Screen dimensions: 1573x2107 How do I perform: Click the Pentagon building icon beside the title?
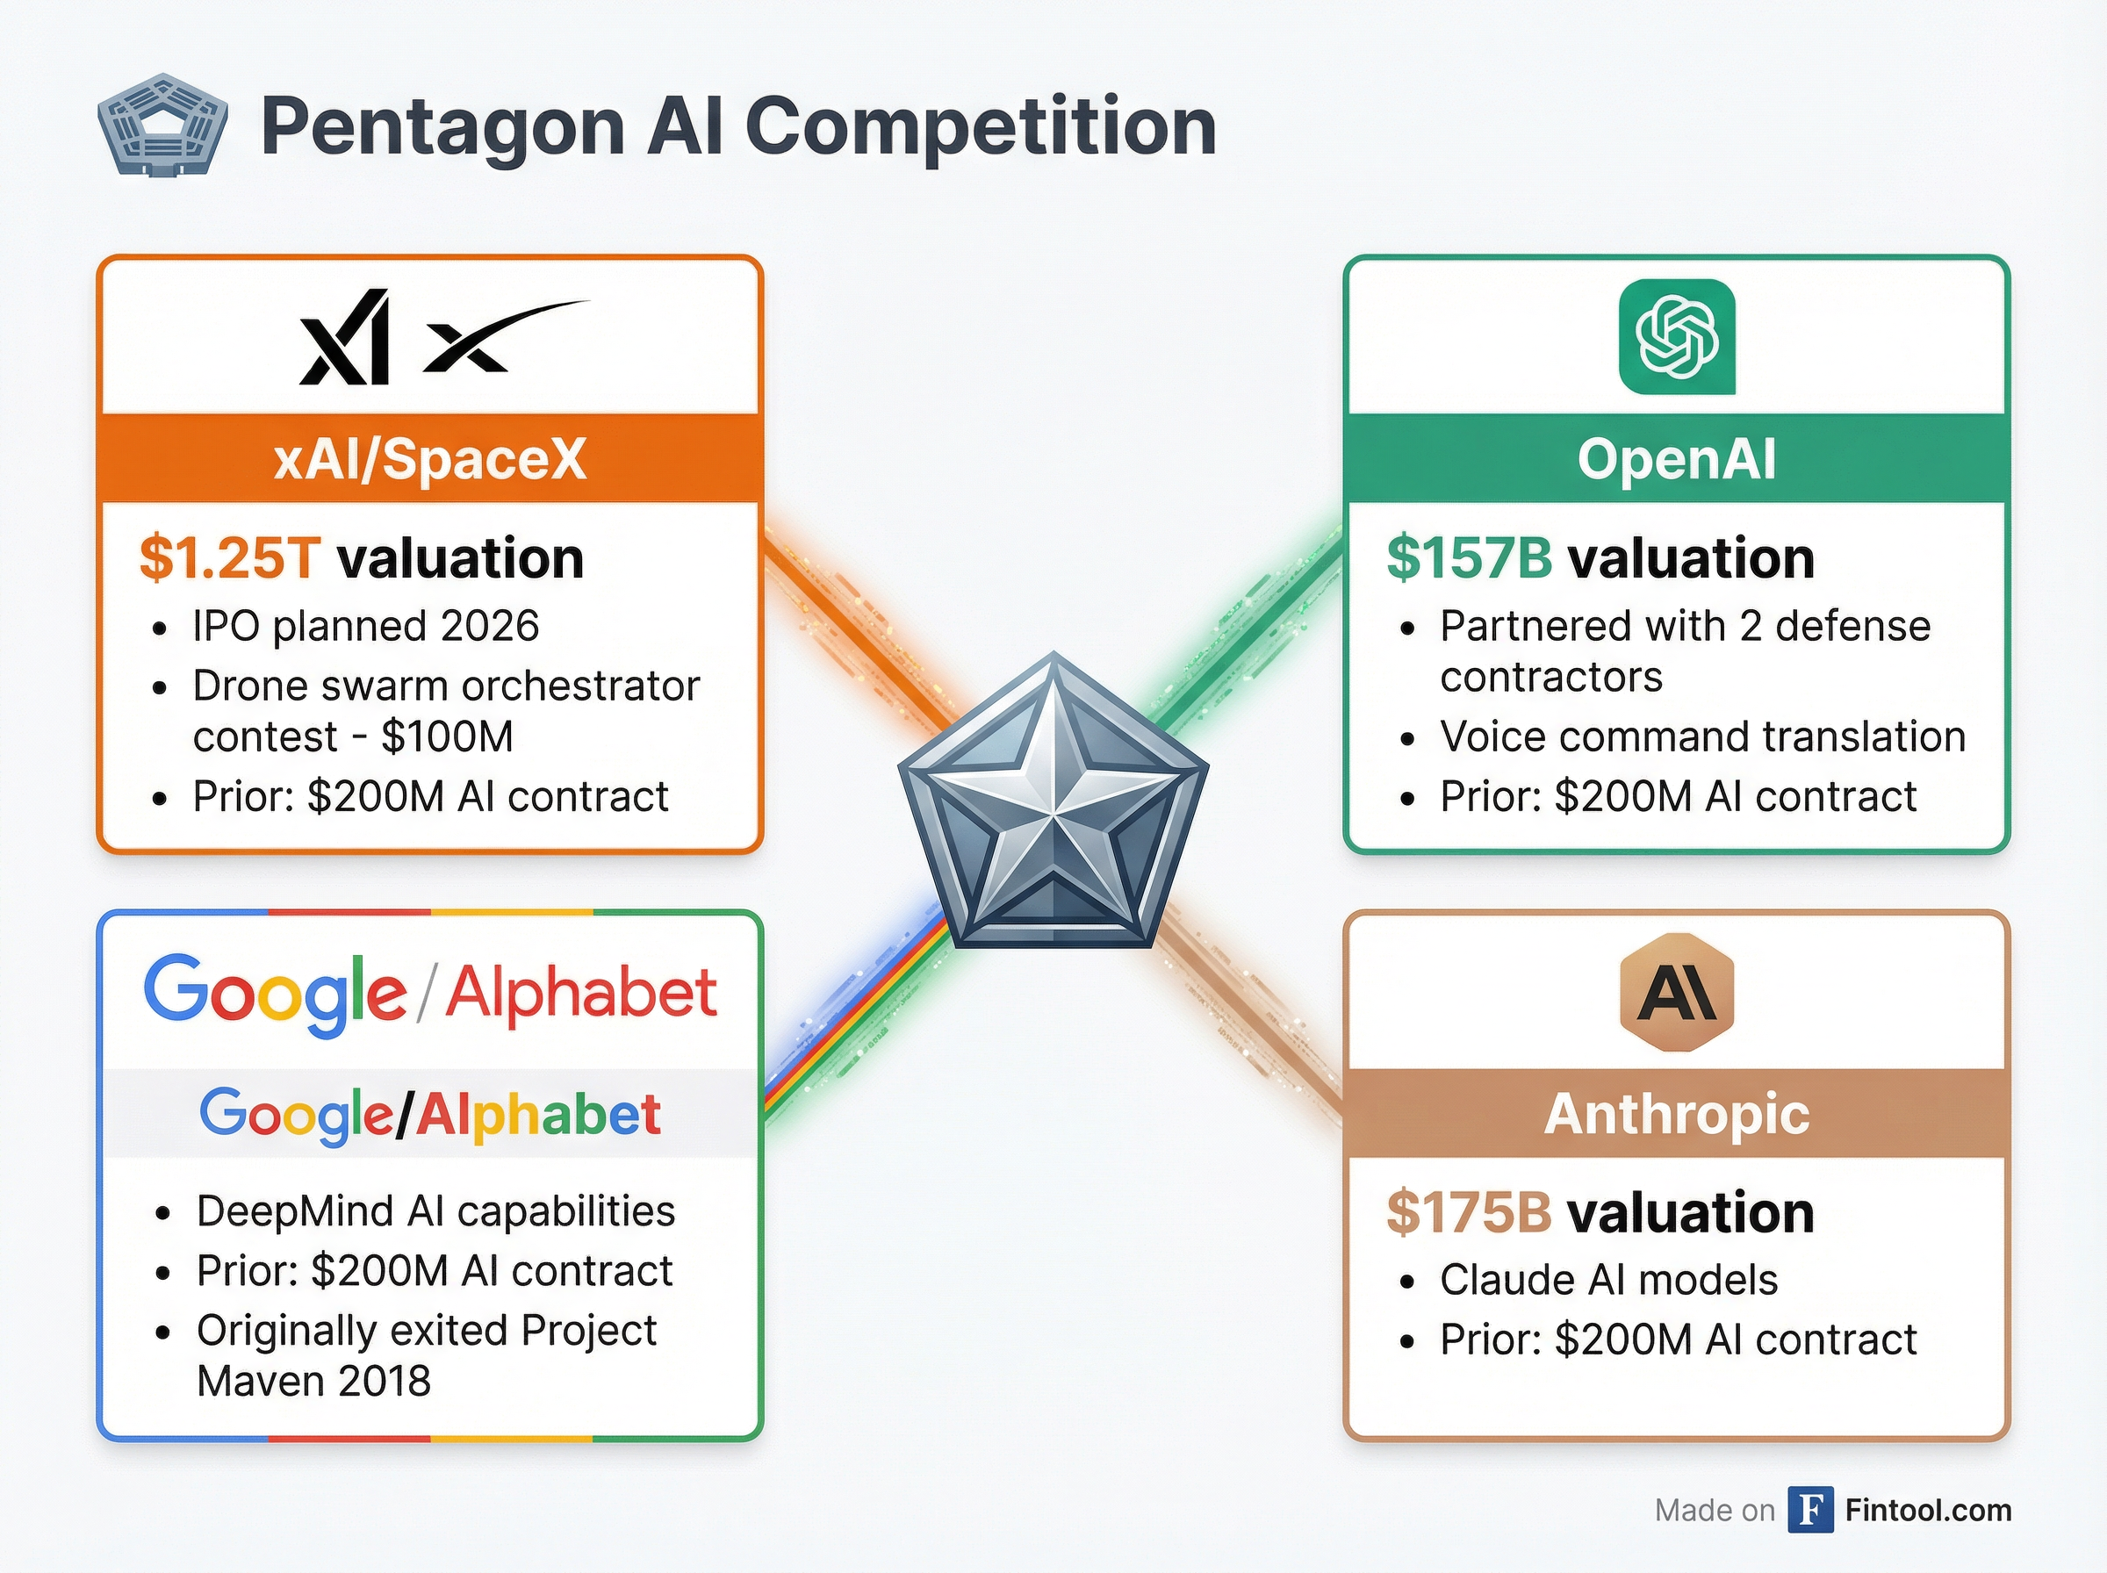click(162, 125)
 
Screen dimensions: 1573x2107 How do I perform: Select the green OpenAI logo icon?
click(1677, 336)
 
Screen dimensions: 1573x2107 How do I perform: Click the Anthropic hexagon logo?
click(1677, 991)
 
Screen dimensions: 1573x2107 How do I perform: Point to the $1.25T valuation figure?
click(229, 558)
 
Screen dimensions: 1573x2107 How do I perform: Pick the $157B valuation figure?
click(1469, 558)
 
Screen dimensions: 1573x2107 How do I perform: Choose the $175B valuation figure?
click(1469, 1212)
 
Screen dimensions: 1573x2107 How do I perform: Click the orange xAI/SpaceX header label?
click(430, 459)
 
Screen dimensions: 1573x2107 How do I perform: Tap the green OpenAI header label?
click(1677, 459)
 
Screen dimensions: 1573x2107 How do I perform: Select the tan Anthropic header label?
click(1677, 1113)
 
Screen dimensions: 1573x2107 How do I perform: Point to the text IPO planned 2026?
click(365, 627)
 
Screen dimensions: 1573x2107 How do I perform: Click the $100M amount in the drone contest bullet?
click(448, 736)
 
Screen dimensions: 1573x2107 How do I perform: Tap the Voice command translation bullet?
click(1702, 736)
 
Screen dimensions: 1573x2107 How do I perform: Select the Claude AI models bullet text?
click(1608, 1280)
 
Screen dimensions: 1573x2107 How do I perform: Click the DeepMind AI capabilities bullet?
click(435, 1211)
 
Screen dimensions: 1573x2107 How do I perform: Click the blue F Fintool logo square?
click(1810, 1510)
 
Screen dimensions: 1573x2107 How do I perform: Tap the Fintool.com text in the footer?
click(1928, 1510)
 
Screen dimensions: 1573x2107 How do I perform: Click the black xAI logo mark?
click(345, 337)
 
